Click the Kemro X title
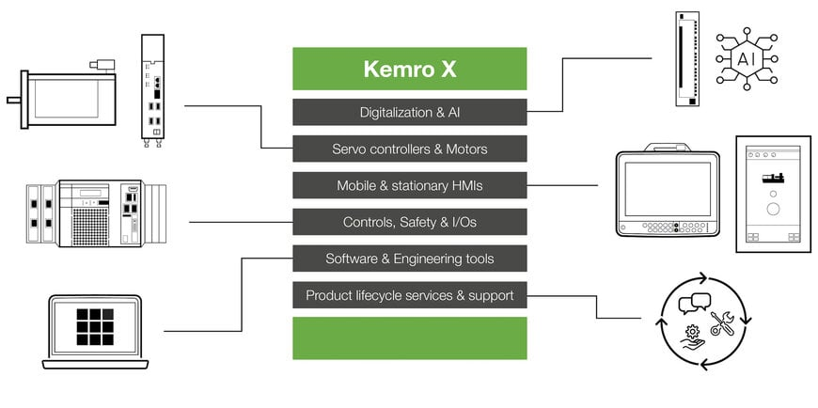pyautogui.click(x=409, y=70)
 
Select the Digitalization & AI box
pyautogui.click(x=409, y=113)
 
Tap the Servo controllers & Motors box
pyautogui.click(x=409, y=149)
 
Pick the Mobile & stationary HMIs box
pyautogui.click(x=409, y=185)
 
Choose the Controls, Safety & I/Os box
pyautogui.click(x=409, y=222)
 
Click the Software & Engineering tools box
pyautogui.click(x=409, y=259)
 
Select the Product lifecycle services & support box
pyautogui.click(x=409, y=295)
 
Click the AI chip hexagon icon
pyautogui.click(x=746, y=59)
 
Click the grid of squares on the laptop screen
pyautogui.click(x=94, y=325)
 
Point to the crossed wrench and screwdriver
pyautogui.click(x=722, y=324)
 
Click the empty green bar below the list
pyautogui.click(x=409, y=337)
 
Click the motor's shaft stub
pyautogui.click(x=12, y=98)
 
